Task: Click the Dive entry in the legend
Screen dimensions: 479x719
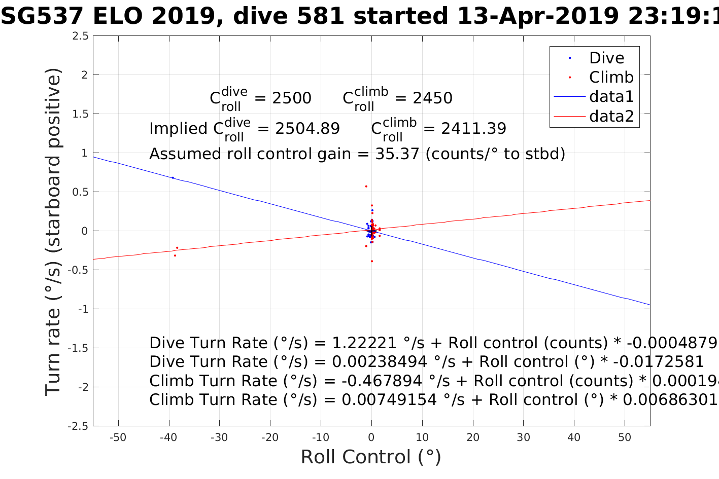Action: [x=606, y=58]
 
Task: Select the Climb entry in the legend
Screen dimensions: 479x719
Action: [x=611, y=78]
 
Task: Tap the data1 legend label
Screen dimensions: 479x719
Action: [x=611, y=97]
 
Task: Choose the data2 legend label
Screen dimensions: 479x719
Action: [x=611, y=117]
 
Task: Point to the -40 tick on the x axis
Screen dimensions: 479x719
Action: [x=168, y=437]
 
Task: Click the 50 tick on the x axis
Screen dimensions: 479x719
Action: [x=625, y=437]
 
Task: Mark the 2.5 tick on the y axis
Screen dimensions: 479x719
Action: [x=80, y=36]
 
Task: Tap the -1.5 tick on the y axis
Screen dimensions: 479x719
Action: [x=78, y=348]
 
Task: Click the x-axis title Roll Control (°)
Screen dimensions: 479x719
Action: [x=371, y=457]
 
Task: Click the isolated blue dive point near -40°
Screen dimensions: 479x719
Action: [x=173, y=178]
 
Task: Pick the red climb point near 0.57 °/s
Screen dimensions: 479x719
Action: [x=366, y=187]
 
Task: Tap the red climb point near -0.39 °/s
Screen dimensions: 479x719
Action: [x=372, y=261]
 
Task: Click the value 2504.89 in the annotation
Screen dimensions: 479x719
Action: [x=307, y=129]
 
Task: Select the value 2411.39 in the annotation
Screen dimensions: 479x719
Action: [x=473, y=129]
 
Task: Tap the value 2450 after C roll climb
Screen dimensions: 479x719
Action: [x=432, y=98]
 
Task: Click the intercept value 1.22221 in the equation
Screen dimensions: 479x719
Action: [x=364, y=343]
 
